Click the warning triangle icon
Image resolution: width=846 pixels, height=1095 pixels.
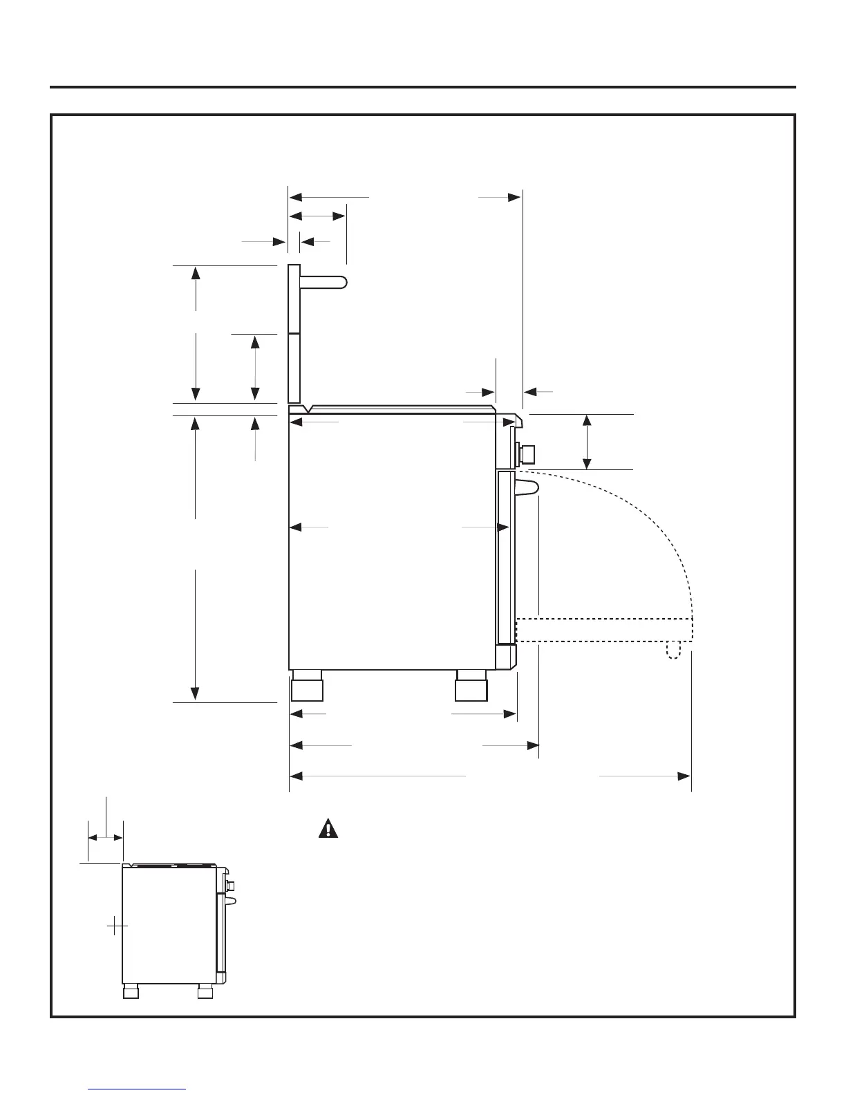click(x=328, y=828)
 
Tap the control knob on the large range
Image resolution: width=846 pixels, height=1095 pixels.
click(x=529, y=454)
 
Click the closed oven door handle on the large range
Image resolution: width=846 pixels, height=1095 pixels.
click(x=527, y=487)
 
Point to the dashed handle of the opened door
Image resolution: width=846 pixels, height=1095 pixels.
click(x=673, y=650)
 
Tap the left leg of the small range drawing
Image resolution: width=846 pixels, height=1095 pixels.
click(x=131, y=992)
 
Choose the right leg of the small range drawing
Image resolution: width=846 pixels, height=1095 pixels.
click(x=205, y=992)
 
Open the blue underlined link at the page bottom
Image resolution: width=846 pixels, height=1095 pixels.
click(x=137, y=1088)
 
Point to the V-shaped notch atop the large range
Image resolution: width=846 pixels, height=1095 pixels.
click(x=307, y=409)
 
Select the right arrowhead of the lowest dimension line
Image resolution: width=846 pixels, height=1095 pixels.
click(x=684, y=776)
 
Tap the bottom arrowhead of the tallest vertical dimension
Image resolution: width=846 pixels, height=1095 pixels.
click(x=196, y=693)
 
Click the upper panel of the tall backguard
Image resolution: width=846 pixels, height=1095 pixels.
click(x=294, y=299)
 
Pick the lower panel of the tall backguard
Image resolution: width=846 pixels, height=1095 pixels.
click(x=294, y=368)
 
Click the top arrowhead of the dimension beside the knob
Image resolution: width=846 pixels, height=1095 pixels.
click(x=587, y=421)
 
